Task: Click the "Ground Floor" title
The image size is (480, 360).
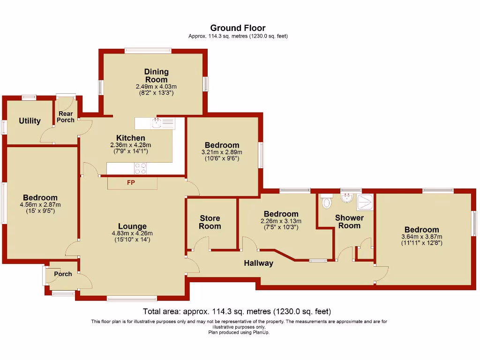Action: (x=238, y=28)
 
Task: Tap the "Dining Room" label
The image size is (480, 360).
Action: (x=156, y=75)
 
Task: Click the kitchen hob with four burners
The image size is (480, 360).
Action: (x=140, y=168)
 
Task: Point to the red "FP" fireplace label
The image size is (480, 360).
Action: (x=131, y=182)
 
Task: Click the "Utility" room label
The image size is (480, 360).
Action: (x=30, y=121)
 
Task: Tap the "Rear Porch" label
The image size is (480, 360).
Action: (x=66, y=117)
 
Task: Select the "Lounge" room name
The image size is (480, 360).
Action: (x=132, y=226)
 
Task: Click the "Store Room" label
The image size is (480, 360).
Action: (x=210, y=222)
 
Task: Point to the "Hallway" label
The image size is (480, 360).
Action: (x=258, y=263)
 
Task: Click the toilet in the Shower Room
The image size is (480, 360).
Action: (x=327, y=202)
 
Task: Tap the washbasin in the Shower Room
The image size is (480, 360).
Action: (x=347, y=197)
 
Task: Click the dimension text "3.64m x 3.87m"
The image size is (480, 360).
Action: (x=422, y=237)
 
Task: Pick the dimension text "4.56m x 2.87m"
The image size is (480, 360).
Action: (x=40, y=205)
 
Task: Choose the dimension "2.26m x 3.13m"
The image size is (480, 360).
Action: (x=281, y=221)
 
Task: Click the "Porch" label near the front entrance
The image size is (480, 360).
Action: (x=63, y=274)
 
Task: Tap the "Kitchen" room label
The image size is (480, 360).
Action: (x=131, y=138)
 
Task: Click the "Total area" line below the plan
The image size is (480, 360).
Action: (x=237, y=311)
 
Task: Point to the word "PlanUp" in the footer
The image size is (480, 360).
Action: (x=261, y=332)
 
